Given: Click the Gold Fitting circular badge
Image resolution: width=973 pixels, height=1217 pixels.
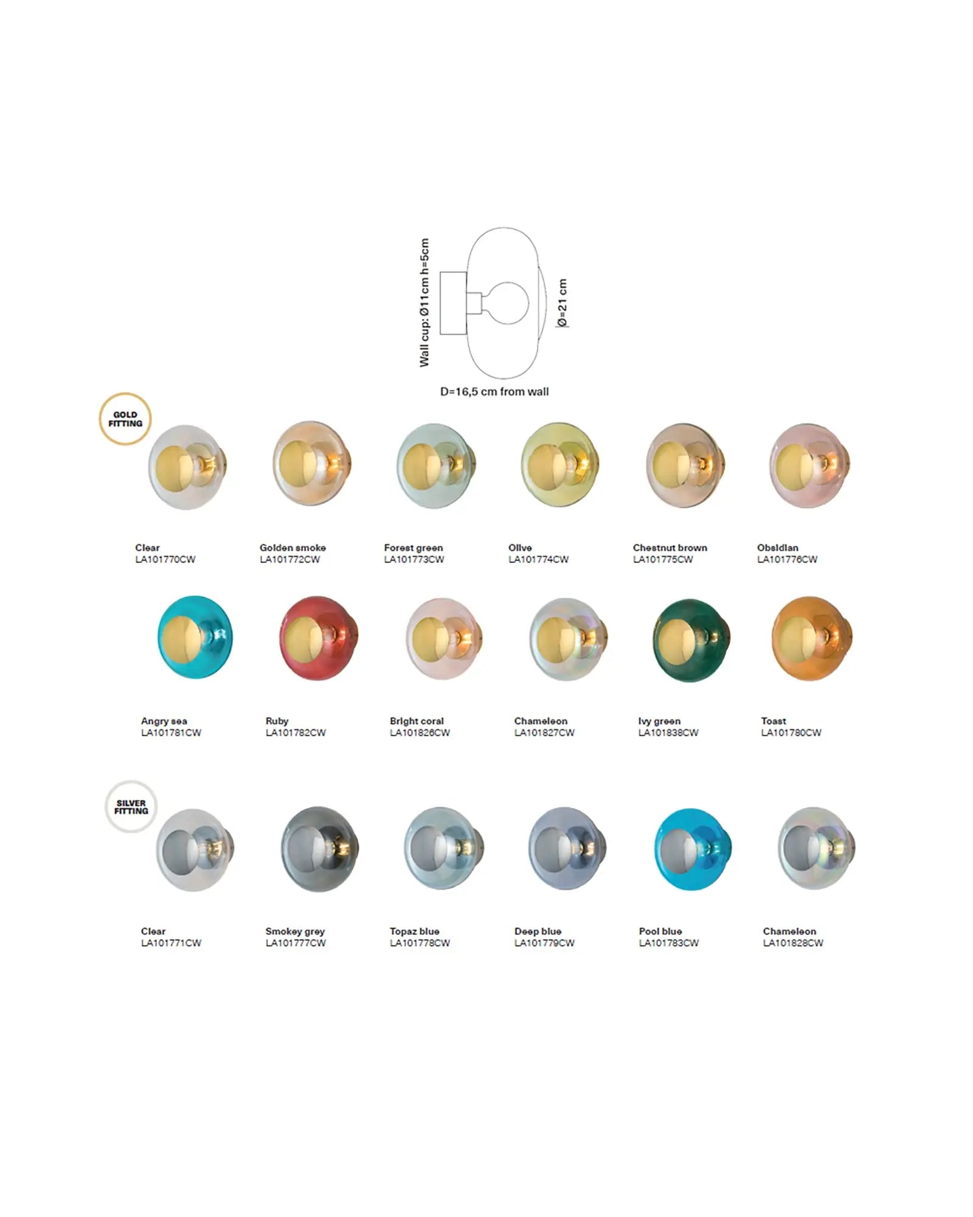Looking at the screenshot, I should [125, 419].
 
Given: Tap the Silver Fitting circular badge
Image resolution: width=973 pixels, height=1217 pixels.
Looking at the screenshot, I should [131, 806].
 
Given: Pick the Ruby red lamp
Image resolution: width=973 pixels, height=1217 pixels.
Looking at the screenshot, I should [319, 638].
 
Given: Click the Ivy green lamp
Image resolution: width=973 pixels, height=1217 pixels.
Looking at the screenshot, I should [691, 639].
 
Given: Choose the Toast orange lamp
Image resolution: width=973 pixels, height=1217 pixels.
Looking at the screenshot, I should [811, 638].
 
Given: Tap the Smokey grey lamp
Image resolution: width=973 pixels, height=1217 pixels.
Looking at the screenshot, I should [319, 849].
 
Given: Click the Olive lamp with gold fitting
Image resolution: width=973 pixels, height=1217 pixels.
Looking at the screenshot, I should [559, 466].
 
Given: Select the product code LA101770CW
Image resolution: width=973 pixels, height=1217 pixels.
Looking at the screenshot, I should [165, 559].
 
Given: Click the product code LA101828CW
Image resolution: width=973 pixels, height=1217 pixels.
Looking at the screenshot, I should [793, 943].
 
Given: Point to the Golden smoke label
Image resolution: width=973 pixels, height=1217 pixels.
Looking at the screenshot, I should [293, 548].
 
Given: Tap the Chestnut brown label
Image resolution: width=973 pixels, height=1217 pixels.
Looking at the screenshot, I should [670, 548].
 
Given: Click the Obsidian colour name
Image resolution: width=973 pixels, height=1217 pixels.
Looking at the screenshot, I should [777, 548].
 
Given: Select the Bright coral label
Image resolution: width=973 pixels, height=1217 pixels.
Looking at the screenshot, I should [417, 721].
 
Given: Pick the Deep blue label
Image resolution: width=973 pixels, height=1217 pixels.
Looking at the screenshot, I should [538, 931].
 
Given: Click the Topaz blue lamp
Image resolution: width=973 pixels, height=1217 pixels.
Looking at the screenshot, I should [444, 849].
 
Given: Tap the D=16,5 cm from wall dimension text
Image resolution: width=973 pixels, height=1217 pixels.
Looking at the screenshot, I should [494, 392].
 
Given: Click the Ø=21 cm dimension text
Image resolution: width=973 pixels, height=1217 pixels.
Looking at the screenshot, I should [562, 302].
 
